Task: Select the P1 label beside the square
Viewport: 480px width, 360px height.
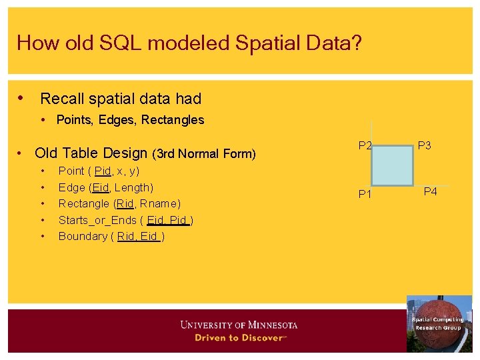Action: pos(365,195)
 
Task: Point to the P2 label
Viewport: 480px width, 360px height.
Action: pos(365,145)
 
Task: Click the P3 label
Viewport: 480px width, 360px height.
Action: pos(425,145)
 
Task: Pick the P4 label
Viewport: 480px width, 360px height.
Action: pos(430,192)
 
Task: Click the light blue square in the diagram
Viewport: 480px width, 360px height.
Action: pos(392,165)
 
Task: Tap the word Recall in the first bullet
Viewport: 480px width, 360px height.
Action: pos(63,99)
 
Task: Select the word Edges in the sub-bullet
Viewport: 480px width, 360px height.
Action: pos(115,120)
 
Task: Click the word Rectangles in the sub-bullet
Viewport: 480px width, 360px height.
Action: pos(173,120)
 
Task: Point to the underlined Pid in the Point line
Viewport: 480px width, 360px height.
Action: pos(103,171)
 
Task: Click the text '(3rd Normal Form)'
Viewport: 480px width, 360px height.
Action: pos(204,154)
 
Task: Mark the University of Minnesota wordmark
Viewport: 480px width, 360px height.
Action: pos(239,325)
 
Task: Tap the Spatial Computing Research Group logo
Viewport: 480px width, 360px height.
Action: pos(439,323)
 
